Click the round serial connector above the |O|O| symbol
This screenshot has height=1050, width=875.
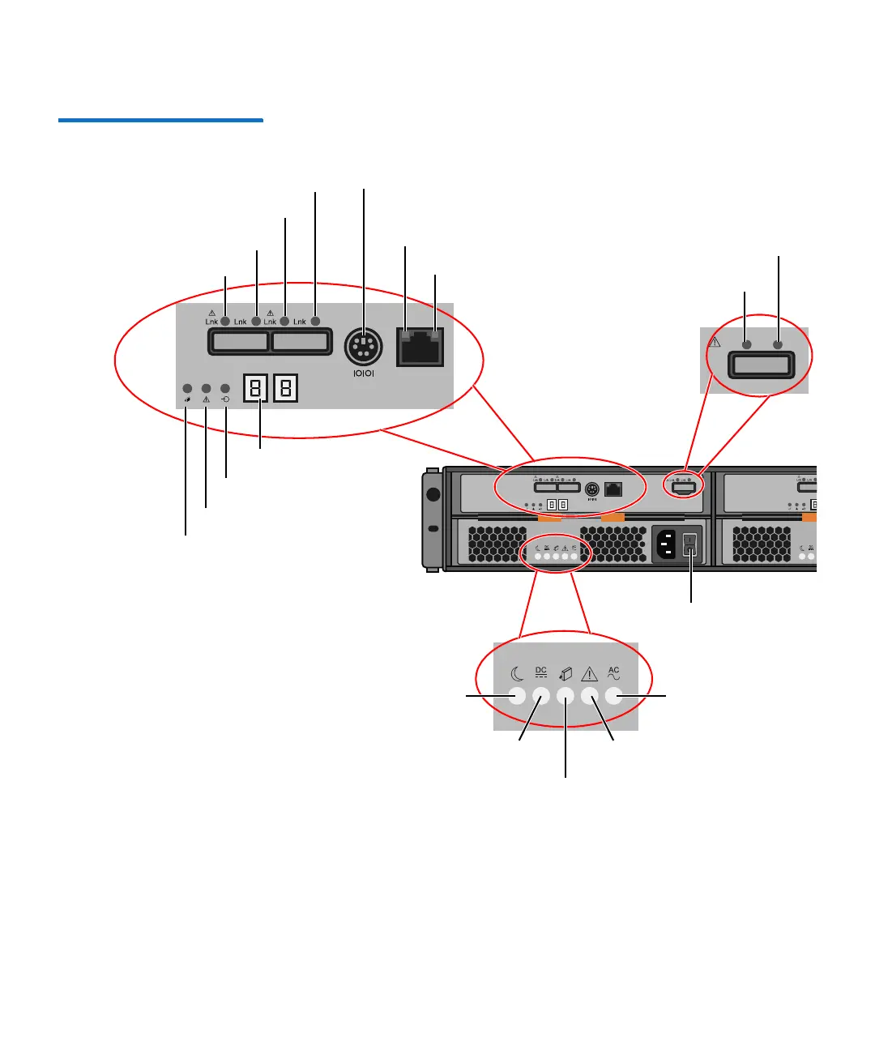point(363,348)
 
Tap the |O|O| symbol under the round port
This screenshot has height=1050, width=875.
point(364,373)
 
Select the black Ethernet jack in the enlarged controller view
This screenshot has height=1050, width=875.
point(420,348)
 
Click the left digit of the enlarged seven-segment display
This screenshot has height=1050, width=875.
point(256,388)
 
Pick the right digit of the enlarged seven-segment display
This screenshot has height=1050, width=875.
point(285,388)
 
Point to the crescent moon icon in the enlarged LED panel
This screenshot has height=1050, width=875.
point(517,674)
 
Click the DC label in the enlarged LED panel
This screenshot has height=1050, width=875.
point(541,672)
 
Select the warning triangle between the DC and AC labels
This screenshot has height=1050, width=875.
point(590,673)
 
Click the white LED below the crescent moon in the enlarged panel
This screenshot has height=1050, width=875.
point(517,696)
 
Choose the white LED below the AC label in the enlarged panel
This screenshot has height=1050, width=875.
point(613,696)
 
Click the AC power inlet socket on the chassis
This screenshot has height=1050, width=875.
point(667,544)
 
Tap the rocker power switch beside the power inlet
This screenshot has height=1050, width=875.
point(690,544)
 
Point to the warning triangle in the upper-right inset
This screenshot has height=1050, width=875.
point(714,342)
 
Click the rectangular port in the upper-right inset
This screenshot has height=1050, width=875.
point(761,365)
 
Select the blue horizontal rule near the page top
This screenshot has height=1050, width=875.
point(160,121)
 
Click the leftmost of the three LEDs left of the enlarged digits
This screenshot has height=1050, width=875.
point(187,389)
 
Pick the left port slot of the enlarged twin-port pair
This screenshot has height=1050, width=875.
point(240,341)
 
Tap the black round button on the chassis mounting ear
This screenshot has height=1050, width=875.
point(433,494)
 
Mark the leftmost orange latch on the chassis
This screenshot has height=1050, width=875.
point(549,517)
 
